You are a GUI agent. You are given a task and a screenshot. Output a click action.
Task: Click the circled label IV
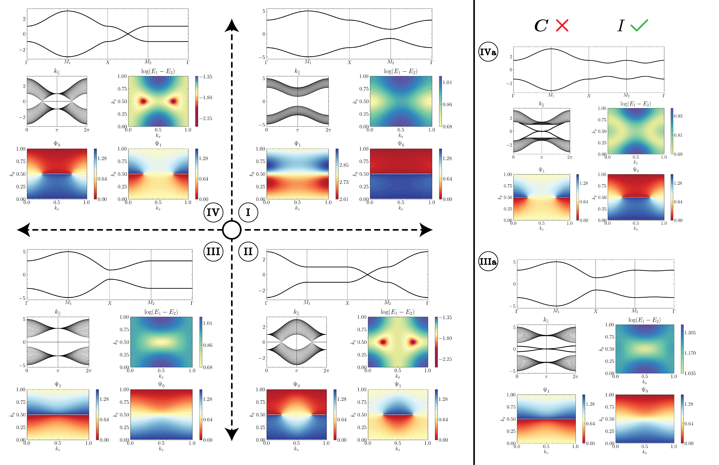[x=213, y=212]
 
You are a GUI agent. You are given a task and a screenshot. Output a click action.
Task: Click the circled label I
[x=248, y=212]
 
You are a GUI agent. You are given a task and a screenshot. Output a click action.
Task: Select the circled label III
[x=213, y=251]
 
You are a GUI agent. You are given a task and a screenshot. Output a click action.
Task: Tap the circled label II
[x=248, y=251]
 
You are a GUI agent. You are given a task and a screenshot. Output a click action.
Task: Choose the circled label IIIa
[x=488, y=261]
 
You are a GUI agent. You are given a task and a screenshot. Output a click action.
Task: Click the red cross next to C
[x=562, y=25]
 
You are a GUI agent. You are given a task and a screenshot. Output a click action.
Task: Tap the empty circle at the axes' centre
[x=232, y=230]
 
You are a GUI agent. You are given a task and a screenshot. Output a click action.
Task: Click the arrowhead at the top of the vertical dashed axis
[x=232, y=25]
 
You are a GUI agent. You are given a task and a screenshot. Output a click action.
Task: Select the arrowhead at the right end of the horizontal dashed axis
[x=426, y=230]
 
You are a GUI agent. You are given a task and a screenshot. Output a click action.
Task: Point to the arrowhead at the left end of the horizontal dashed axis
[x=24, y=230]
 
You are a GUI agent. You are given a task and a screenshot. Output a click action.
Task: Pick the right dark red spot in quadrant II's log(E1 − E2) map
[x=413, y=342]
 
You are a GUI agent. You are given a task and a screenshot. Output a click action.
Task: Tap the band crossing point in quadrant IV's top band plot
[x=128, y=34]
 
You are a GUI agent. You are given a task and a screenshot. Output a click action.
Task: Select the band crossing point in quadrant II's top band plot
[x=367, y=274]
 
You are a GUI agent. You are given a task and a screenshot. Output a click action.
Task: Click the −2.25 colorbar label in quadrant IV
[x=206, y=118]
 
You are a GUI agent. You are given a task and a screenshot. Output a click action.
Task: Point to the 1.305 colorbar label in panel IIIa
[x=690, y=333]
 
